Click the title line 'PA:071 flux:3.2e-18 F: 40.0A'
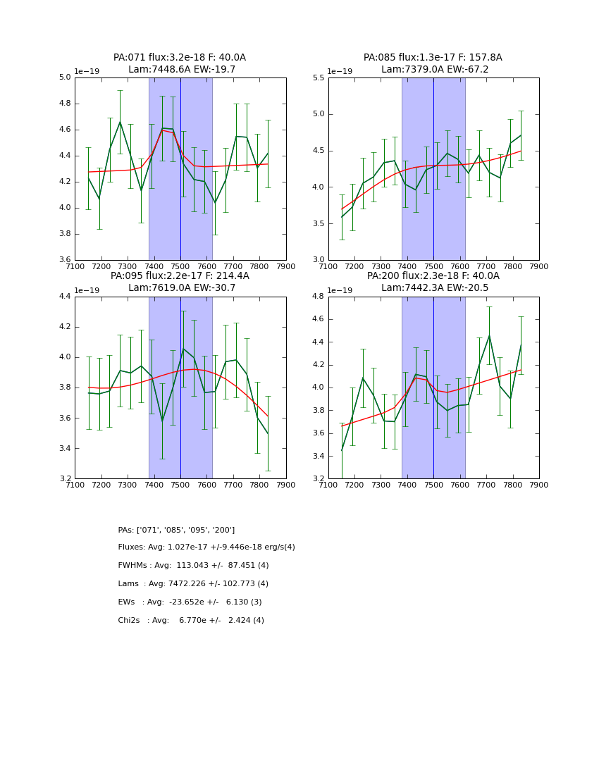coord(180,58)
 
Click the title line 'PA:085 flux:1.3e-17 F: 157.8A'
coord(433,58)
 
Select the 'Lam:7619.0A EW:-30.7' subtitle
coord(180,288)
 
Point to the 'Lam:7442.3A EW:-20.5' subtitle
coord(433,288)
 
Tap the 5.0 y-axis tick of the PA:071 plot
coord(65,77)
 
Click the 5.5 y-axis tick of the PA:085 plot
coord(319,77)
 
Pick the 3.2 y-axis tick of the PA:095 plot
coord(65,479)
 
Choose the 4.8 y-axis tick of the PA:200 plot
coord(319,297)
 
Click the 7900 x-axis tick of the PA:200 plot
coord(539,485)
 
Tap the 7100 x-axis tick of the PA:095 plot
coord(75,485)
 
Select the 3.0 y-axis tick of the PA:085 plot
coord(319,260)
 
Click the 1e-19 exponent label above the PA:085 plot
coord(340,71)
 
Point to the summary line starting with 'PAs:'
coord(176,530)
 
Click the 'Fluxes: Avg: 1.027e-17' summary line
coord(206,547)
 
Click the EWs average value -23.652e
coord(193,602)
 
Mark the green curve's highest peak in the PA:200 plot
coord(489,335)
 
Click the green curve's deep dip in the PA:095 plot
coord(162,421)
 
